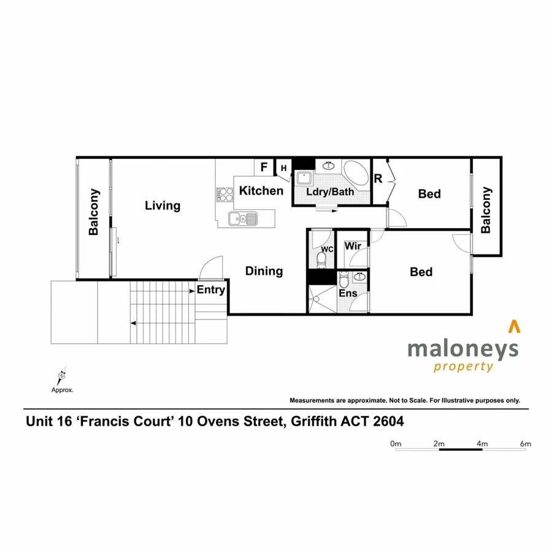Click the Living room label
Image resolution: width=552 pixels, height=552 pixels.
[x=163, y=205]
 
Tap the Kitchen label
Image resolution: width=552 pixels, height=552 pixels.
[x=261, y=191]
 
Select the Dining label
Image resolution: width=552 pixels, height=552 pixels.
[x=264, y=271]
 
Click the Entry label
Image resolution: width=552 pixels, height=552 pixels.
[x=210, y=290]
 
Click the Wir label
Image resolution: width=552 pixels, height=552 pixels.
[x=352, y=247]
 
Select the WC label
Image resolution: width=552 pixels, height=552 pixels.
[x=327, y=249]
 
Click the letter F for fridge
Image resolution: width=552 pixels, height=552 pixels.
[x=264, y=167]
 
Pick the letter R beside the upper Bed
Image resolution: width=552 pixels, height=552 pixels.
[x=378, y=179]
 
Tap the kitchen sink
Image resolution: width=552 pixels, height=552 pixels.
[x=242, y=218]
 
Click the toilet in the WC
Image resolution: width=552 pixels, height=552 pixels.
[x=321, y=259]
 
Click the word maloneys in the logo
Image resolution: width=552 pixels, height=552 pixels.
[x=463, y=350]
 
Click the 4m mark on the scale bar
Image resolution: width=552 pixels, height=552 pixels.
[x=482, y=443]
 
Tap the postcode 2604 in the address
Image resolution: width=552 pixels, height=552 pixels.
[x=388, y=422]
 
